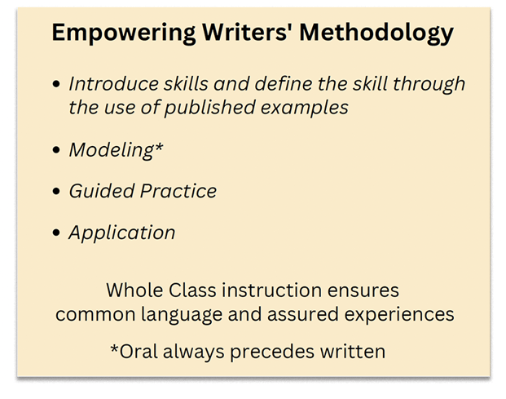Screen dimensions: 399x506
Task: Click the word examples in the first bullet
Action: [312, 108]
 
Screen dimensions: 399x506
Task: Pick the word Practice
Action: [179, 192]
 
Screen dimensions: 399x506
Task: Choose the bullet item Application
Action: [121, 233]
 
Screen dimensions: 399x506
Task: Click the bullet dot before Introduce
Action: [55, 84]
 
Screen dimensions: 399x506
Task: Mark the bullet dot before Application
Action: [55, 233]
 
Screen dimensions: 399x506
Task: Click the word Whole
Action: [134, 290]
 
